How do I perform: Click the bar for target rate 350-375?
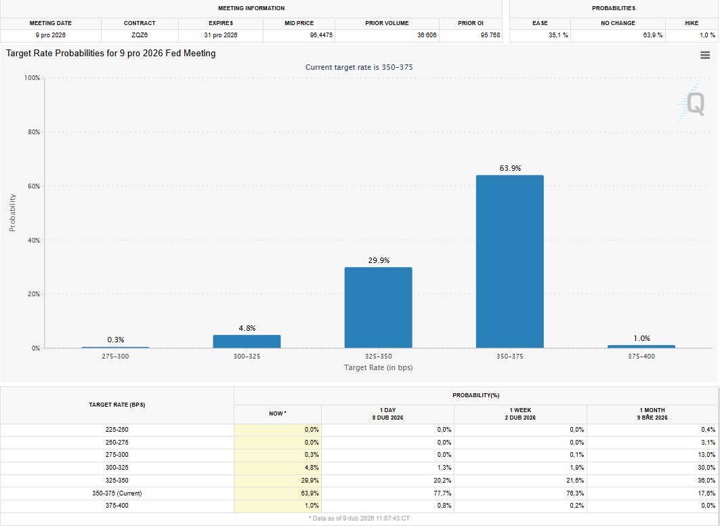click(x=510, y=262)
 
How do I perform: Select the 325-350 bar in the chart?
click(x=379, y=307)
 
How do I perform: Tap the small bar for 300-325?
click(x=247, y=342)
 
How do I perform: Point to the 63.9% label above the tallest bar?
click(x=510, y=168)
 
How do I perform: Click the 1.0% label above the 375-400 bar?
click(x=641, y=338)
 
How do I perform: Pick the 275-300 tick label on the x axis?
click(x=115, y=356)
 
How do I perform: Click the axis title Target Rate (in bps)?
click(x=379, y=367)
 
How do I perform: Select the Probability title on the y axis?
click(x=12, y=212)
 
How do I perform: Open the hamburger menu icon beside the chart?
click(x=705, y=55)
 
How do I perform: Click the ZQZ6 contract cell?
click(x=140, y=35)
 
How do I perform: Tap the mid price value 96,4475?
click(x=321, y=35)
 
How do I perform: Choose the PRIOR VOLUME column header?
click(x=387, y=23)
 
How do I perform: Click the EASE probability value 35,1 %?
click(x=558, y=35)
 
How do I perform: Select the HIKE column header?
click(x=692, y=23)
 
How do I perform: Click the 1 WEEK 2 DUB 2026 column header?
click(x=520, y=414)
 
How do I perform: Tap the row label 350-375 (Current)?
click(x=117, y=493)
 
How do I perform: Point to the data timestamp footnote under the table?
click(x=359, y=518)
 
